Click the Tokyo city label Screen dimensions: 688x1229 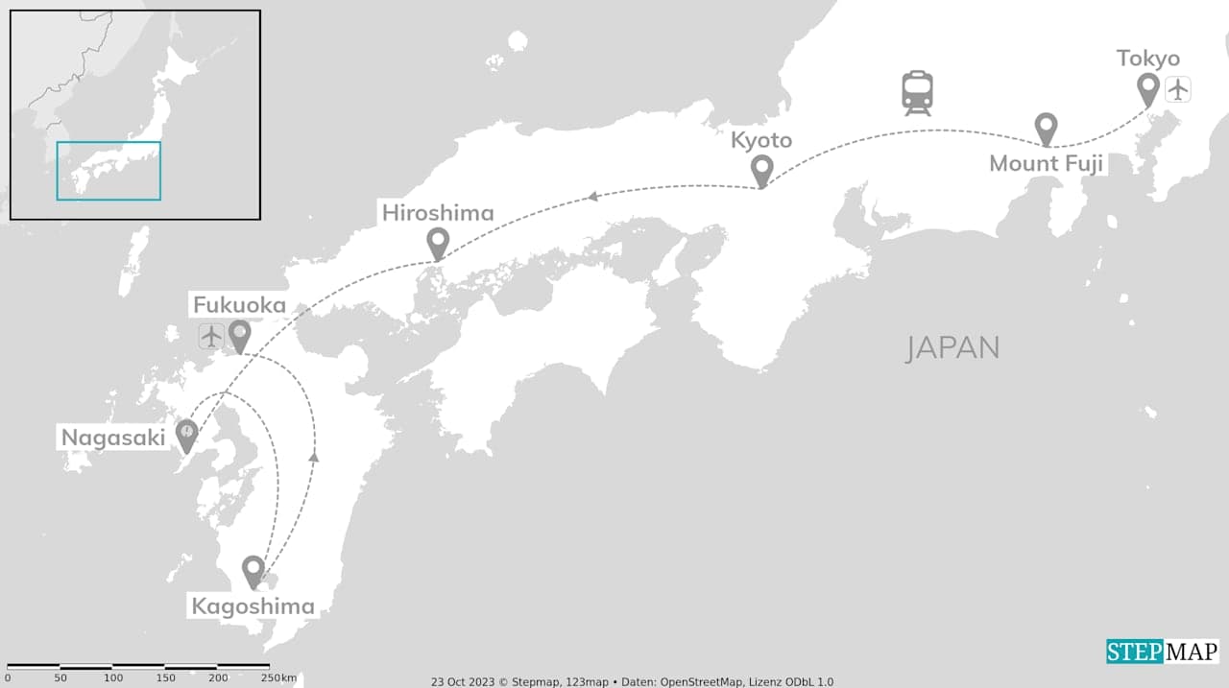click(x=1147, y=59)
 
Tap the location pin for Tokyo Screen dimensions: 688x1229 click(x=1147, y=89)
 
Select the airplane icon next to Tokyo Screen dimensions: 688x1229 click(x=1178, y=90)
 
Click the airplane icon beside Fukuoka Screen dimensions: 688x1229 click(x=211, y=336)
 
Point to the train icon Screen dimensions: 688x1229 click(x=917, y=93)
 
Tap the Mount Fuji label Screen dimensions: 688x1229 click(x=1046, y=163)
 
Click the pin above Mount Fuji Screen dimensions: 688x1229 click(x=1046, y=128)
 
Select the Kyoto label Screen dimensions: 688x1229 click(x=761, y=140)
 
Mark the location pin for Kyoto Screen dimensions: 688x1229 click(x=761, y=171)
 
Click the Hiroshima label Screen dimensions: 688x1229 click(x=438, y=213)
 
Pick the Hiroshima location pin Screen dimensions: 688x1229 click(x=438, y=244)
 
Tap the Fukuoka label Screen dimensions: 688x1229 click(x=240, y=305)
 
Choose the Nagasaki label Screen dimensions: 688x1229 click(x=113, y=438)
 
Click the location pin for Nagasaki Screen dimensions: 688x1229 click(x=186, y=435)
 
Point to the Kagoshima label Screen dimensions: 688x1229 click(x=253, y=606)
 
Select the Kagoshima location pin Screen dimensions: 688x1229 click(x=253, y=571)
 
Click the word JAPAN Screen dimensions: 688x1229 click(x=952, y=347)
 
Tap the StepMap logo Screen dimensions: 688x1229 click(x=1162, y=652)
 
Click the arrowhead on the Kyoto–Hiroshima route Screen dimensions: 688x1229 click(x=593, y=196)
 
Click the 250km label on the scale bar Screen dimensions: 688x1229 click(x=279, y=678)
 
